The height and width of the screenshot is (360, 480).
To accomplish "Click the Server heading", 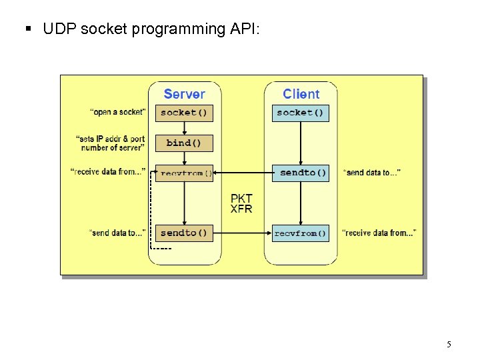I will [x=184, y=94].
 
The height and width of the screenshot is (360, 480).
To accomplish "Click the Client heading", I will [x=301, y=94].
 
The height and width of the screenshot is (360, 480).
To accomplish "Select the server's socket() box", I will [x=184, y=113].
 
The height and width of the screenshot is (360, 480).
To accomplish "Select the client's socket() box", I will [x=300, y=113].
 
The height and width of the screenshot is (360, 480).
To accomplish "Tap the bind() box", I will [x=184, y=143].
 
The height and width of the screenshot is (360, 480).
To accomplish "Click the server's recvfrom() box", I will [x=184, y=173].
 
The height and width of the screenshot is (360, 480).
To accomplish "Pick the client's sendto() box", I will [x=303, y=173].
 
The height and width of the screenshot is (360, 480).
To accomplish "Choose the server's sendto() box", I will [x=184, y=233].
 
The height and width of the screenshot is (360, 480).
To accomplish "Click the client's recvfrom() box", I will [x=300, y=233].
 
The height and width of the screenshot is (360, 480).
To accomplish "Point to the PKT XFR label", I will [x=241, y=203].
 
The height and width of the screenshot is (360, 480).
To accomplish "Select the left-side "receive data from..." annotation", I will [x=108, y=172].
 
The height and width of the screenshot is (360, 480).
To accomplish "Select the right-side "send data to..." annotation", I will [x=371, y=173].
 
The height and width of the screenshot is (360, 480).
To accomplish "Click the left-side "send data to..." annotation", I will [x=117, y=233].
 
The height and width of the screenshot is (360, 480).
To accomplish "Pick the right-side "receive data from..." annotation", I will [x=379, y=233].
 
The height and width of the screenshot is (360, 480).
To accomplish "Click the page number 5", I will [x=449, y=345].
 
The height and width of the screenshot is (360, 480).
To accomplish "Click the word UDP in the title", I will [x=57, y=29].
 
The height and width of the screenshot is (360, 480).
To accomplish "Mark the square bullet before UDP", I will [x=28, y=29].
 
